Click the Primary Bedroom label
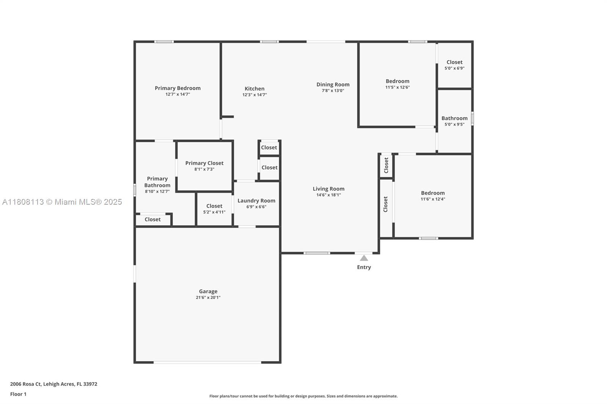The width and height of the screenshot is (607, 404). click(x=178, y=88)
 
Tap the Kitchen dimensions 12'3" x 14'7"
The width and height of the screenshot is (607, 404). click(x=255, y=95)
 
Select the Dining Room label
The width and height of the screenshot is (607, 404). click(x=333, y=85)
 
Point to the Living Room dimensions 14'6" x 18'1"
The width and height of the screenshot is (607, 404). click(x=329, y=195)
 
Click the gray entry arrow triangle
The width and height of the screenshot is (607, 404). click(x=364, y=258)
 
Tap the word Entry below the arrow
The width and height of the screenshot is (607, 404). click(x=364, y=267)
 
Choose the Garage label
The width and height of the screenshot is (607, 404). click(x=208, y=291)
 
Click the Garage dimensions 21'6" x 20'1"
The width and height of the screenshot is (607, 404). click(x=208, y=298)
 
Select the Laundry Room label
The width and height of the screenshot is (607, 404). click(x=256, y=200)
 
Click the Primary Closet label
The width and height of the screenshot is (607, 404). click(x=204, y=163)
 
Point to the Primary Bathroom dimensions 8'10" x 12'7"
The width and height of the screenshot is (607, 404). click(x=157, y=191)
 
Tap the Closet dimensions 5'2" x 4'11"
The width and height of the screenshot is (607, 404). click(x=214, y=212)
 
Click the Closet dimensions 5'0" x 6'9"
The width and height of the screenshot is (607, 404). click(x=454, y=68)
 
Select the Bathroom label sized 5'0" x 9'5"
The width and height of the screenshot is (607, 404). click(x=454, y=118)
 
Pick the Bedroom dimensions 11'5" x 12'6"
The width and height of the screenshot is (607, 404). click(x=398, y=88)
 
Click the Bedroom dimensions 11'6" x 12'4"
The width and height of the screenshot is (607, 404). click(x=433, y=199)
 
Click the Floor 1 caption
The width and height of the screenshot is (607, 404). click(x=18, y=394)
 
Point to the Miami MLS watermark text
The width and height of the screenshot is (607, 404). click(x=62, y=202)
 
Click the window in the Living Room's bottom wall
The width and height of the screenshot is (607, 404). click(x=316, y=253)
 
